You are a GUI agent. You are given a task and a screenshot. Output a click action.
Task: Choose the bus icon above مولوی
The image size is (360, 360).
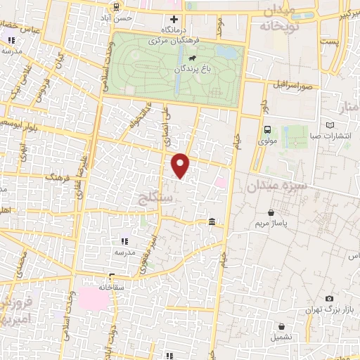click(x=267, y=129)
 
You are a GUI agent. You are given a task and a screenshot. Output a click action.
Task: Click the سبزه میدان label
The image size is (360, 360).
click(x=278, y=186)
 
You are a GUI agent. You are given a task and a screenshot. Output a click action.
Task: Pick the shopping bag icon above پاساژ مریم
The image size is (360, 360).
click(x=272, y=212)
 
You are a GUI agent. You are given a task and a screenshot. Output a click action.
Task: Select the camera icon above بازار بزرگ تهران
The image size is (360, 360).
click(x=330, y=298)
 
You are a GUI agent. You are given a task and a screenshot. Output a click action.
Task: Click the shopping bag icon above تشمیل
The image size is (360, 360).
click(x=282, y=326)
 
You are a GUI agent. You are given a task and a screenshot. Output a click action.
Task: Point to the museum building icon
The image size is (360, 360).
click(x=212, y=223)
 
